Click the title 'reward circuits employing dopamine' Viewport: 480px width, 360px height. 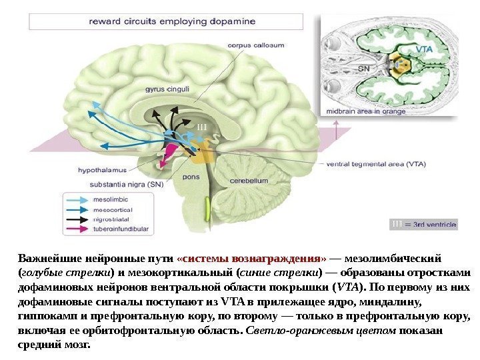point(172,21)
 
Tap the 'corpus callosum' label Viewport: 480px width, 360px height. point(257,45)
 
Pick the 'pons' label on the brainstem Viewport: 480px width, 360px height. point(190,178)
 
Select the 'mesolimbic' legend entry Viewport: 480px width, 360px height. point(111,198)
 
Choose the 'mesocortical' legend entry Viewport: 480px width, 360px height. point(113,208)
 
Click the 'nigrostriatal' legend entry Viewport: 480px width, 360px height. point(111,218)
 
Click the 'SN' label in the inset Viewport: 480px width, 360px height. point(364,68)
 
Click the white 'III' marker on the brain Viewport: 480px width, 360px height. point(203,126)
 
